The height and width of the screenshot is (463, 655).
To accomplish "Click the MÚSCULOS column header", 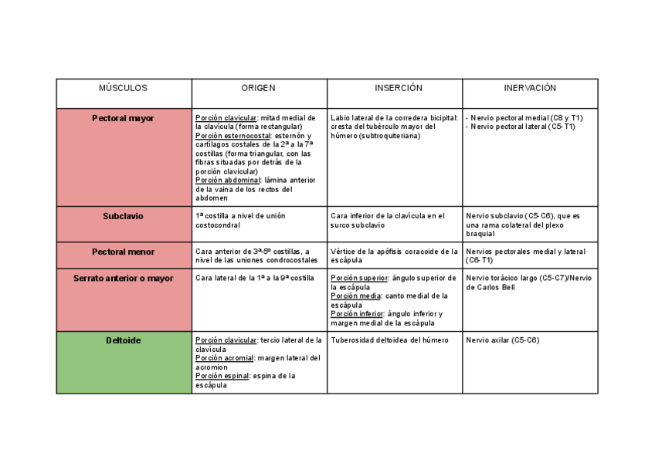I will (124, 89).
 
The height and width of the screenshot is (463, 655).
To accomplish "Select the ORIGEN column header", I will (258, 89).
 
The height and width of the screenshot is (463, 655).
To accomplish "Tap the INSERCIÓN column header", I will (394, 89).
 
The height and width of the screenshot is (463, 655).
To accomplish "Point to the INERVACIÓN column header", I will (530, 89).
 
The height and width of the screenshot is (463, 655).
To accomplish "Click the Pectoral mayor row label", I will (124, 118).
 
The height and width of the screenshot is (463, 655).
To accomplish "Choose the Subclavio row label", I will (124, 216).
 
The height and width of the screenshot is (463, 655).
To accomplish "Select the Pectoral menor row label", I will (124, 252).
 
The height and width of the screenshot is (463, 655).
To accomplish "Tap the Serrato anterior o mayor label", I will (124, 278).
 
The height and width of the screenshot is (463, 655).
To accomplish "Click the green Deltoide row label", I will (124, 340).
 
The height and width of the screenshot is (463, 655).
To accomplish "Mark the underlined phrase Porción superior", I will (359, 278).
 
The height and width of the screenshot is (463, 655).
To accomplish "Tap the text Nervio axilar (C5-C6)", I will (503, 340).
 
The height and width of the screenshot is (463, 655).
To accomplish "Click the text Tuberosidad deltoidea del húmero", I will (389, 340).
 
